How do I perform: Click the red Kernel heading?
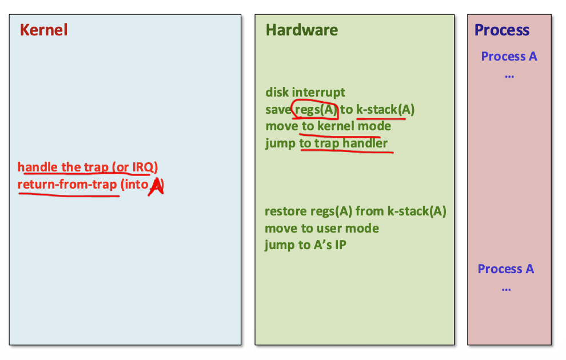(x=43, y=30)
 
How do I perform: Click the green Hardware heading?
(x=301, y=30)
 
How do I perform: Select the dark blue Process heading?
(x=502, y=30)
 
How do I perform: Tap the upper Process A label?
(x=509, y=57)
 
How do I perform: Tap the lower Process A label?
(x=505, y=269)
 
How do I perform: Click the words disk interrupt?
(x=305, y=93)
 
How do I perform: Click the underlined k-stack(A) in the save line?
(x=385, y=110)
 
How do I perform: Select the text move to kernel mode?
(x=328, y=126)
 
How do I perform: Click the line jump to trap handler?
(x=326, y=143)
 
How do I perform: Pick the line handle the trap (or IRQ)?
(x=88, y=167)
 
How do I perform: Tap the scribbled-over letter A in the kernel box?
(x=156, y=186)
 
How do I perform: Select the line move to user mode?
(x=321, y=229)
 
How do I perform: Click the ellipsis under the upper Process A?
(x=509, y=74)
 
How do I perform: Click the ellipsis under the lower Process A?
(x=506, y=287)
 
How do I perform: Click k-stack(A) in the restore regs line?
(x=416, y=212)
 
